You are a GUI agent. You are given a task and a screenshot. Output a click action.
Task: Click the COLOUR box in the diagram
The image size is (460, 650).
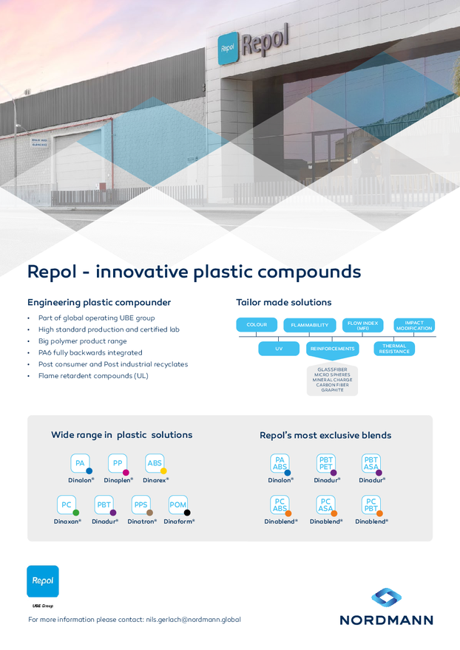tap(257, 324)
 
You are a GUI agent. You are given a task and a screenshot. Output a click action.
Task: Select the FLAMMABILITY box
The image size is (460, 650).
tap(309, 325)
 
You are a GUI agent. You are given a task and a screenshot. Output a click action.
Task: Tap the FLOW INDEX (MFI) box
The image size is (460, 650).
tap(362, 325)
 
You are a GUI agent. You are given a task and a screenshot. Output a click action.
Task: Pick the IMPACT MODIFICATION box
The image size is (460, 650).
tap(414, 325)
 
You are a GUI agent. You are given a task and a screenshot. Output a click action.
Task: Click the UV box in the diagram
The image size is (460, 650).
tap(279, 349)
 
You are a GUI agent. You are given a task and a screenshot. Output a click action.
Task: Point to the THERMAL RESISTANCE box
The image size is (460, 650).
tap(394, 349)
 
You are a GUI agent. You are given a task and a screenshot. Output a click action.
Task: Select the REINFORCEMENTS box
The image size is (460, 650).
tap(333, 349)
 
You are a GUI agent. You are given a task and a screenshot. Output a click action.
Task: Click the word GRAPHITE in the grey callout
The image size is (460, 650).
tap(332, 390)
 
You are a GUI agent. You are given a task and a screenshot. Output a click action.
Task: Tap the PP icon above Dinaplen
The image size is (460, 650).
tap(118, 463)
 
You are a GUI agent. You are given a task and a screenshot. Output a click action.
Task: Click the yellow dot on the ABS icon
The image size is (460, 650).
tap(163, 471)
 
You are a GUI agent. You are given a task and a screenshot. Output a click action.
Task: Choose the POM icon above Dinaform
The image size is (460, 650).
tap(178, 505)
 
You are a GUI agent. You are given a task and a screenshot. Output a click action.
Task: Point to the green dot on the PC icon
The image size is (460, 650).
tap(76, 513)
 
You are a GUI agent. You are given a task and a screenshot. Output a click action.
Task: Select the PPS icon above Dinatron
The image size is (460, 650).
tap(141, 505)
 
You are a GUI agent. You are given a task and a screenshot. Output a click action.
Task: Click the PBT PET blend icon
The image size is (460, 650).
tap(326, 463)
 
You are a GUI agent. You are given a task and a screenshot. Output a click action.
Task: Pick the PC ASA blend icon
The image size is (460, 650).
tap(325, 505)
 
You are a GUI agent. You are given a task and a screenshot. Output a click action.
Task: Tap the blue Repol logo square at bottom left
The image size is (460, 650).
tap(43, 581)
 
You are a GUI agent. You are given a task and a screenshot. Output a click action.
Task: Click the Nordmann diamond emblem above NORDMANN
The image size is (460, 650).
tap(386, 598)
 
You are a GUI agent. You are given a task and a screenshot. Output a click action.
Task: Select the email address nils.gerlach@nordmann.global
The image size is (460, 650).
tap(193, 620)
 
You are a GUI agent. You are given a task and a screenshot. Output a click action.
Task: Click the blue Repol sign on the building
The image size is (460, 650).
tap(228, 48)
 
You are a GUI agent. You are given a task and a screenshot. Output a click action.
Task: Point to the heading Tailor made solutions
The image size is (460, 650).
tap(283, 303)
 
